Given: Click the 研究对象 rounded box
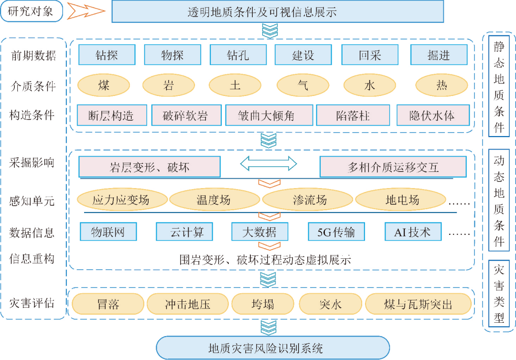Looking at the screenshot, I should point(32,11).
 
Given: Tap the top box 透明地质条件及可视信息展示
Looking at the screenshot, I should point(278,11).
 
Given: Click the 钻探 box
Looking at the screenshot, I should point(107,55).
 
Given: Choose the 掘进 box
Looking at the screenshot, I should point(439,55).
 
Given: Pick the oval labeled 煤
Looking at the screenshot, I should point(104,86).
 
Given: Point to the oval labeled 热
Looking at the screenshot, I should point(441,86).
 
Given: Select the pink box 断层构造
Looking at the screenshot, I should point(111,116).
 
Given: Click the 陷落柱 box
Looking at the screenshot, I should point(353,116).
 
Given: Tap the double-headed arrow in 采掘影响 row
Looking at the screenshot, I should point(269,164).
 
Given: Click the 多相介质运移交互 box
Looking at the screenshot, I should point(393,167).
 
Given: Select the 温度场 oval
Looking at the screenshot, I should point(213,200).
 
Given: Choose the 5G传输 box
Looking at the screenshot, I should point(336,232).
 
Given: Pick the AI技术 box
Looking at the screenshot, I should point(412,232).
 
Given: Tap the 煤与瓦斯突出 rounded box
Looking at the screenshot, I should point(418,304).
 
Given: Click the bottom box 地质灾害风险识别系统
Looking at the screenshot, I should point(272,348).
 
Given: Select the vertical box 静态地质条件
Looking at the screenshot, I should point(499,86).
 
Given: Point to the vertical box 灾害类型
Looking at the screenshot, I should point(499,293).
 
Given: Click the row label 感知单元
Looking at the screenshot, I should point(32,201).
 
